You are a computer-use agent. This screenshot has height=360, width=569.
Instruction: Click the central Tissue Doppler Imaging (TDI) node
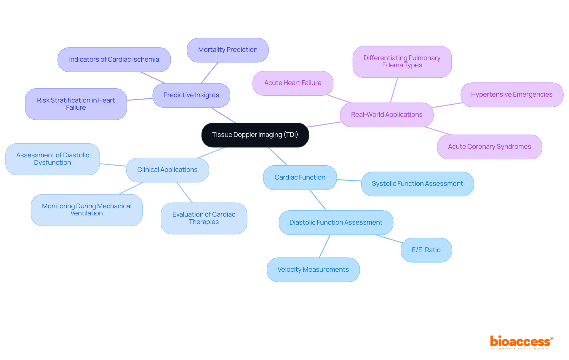pos(255,135)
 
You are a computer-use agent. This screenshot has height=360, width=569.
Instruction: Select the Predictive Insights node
pos(191,95)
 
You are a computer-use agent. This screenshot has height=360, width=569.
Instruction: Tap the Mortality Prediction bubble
pos(228,50)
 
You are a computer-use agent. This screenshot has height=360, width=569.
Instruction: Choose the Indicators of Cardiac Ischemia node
pos(114,60)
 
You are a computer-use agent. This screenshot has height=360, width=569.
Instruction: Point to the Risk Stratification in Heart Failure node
pos(76,104)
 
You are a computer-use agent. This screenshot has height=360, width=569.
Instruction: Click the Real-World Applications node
pos(386,115)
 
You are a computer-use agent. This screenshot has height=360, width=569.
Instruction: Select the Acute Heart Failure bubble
pos(293,83)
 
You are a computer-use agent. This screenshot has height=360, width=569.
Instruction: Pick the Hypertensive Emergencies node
pos(512,95)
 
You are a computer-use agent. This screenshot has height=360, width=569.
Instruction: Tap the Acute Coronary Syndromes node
pos(490,147)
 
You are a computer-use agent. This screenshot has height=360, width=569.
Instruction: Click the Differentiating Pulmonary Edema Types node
pos(402,62)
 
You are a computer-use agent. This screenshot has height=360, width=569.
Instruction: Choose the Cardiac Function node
pos(300,177)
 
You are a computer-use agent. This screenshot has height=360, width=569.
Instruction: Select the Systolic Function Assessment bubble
pos(417,184)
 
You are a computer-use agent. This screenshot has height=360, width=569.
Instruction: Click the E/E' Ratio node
pos(426,250)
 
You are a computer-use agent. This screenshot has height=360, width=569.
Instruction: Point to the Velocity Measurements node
pos(313,270)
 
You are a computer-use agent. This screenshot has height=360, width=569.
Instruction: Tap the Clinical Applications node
pos(167,170)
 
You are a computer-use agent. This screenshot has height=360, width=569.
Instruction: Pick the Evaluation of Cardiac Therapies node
pos(204,218)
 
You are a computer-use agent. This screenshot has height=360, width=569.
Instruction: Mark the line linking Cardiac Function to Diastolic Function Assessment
pos(318,200)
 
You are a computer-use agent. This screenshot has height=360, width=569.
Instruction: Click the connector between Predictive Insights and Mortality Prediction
pos(210,73)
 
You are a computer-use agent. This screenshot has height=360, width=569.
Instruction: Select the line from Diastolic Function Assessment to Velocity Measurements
pos(325,246)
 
